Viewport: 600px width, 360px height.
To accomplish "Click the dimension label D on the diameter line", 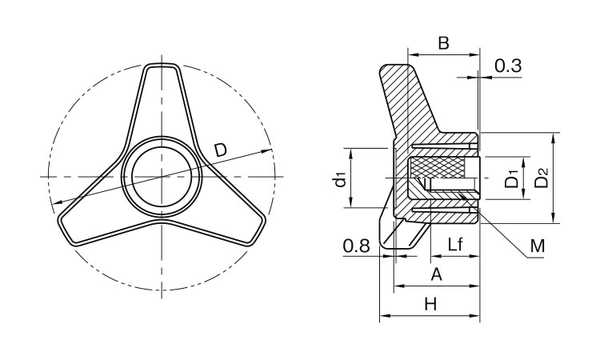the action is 221,150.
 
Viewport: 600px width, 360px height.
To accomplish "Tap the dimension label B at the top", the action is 443,43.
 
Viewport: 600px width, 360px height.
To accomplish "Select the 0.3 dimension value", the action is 508,66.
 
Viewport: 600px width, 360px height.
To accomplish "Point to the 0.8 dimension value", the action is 357,246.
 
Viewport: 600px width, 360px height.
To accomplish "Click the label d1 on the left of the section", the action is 340,179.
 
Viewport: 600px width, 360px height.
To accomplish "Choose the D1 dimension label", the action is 511,178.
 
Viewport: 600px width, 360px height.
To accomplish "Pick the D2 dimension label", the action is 541,178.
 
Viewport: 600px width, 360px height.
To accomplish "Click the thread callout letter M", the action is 538,246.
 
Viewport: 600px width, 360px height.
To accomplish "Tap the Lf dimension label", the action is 455,244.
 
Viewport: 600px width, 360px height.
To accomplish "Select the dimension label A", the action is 436,274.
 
